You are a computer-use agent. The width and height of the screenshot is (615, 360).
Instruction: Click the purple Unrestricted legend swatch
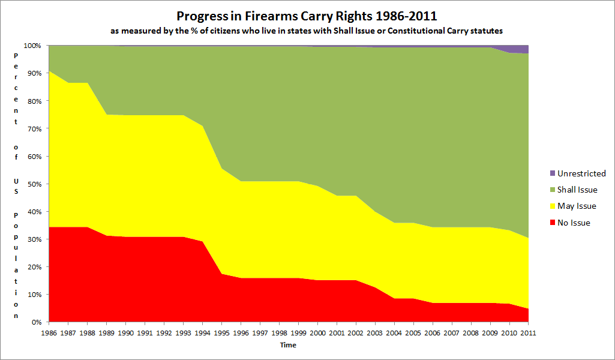coord(552,174)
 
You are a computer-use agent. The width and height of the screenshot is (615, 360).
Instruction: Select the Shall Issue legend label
coord(577,190)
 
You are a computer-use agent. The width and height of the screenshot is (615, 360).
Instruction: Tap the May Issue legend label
coord(577,206)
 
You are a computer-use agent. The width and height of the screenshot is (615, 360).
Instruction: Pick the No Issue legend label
coord(574,223)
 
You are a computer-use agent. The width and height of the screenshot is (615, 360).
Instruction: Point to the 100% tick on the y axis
coord(32,46)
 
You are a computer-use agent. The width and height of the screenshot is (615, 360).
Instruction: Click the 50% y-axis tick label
coord(34,184)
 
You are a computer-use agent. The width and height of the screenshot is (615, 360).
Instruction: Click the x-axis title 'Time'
coord(288,345)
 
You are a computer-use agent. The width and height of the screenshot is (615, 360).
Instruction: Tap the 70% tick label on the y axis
coord(34,128)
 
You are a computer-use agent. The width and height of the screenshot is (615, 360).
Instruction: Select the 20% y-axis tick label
coord(34,266)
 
